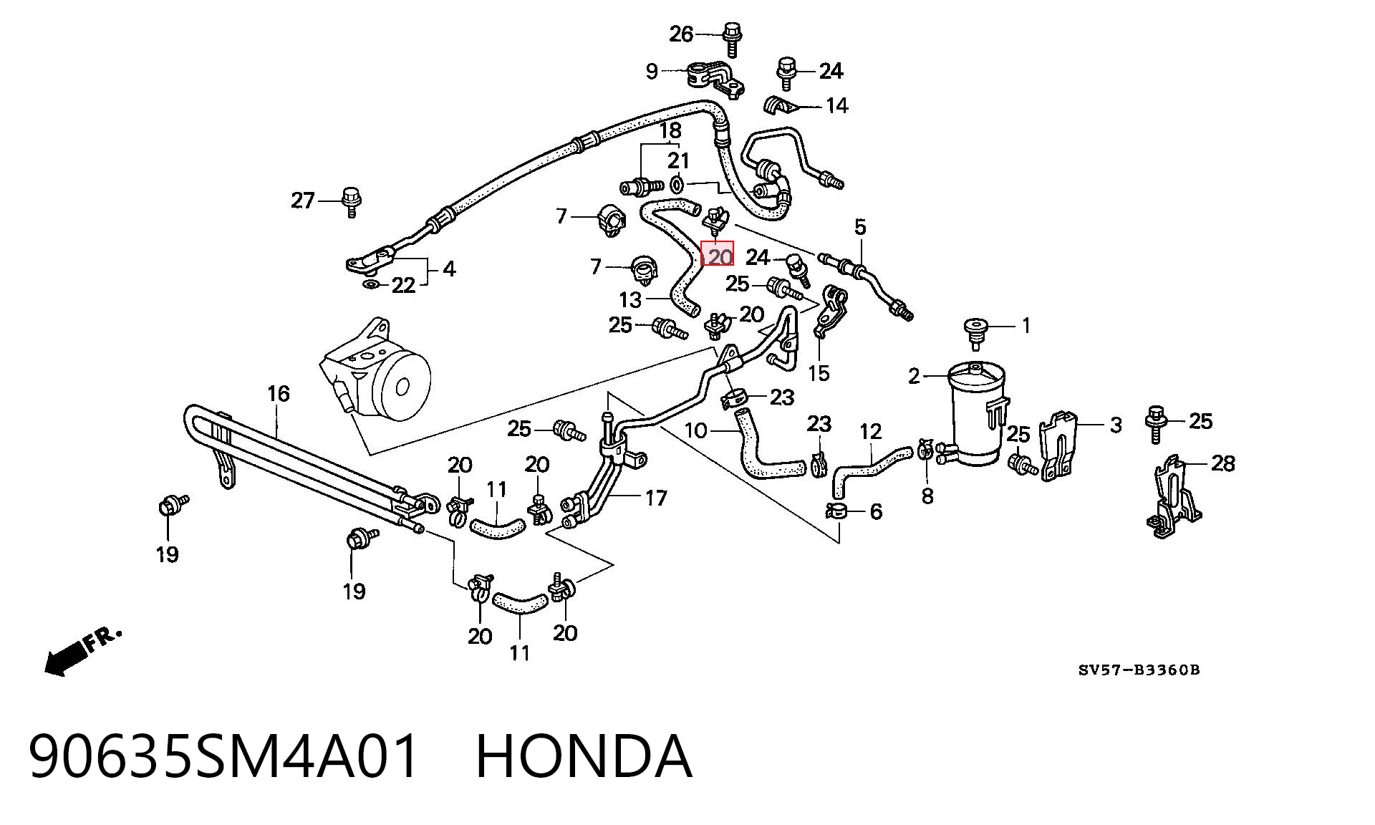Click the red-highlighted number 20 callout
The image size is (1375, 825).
[718, 254]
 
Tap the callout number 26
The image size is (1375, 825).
[681, 34]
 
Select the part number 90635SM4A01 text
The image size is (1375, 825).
[224, 756]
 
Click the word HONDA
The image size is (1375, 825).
[584, 756]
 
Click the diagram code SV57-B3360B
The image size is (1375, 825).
[1139, 670]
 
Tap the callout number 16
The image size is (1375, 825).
[279, 393]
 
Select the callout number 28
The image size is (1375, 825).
[1223, 463]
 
